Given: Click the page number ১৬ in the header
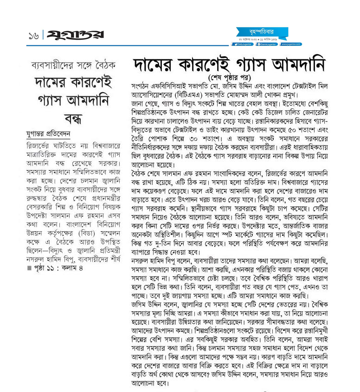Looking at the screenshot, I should pyautogui.click(x=33, y=36).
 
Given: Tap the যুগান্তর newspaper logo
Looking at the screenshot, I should pyautogui.click(x=75, y=35).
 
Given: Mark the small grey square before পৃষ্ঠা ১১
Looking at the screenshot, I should pyautogui.click(x=29, y=268).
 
